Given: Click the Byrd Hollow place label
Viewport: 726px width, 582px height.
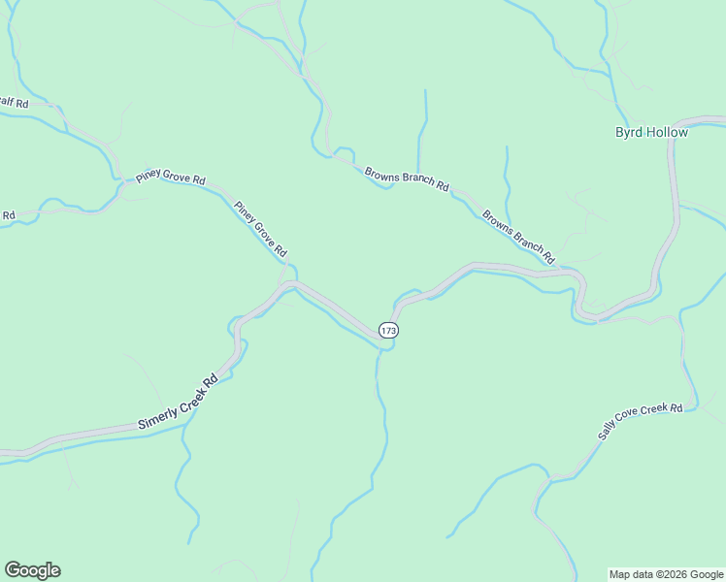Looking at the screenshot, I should pyautogui.click(x=651, y=133).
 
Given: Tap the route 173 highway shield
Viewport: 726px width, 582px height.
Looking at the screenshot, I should pyautogui.click(x=388, y=331).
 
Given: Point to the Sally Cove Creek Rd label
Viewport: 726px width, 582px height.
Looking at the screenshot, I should pyautogui.click(x=641, y=423).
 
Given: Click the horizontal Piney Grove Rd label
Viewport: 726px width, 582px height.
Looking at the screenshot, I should pyautogui.click(x=171, y=179).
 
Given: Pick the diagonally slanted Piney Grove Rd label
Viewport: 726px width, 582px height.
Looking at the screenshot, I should pyautogui.click(x=260, y=229).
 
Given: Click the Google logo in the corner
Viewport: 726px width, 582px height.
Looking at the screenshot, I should pyautogui.click(x=32, y=570).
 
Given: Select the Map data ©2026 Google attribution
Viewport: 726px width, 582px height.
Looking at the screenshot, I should pyautogui.click(x=666, y=574).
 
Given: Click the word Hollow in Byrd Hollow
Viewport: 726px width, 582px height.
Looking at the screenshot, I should pyautogui.click(x=666, y=133).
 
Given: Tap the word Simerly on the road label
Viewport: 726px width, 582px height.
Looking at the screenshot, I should pyautogui.click(x=155, y=416).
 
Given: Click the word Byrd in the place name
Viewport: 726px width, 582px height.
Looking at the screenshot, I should pyautogui.click(x=628, y=133).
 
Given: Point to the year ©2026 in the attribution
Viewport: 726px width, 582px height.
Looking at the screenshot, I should pyautogui.click(x=667, y=574).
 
